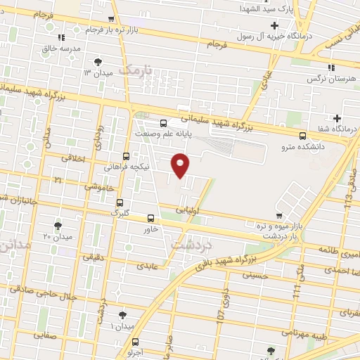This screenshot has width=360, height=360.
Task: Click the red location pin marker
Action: click(x=181, y=164)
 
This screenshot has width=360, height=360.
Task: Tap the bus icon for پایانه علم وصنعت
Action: click(x=164, y=121)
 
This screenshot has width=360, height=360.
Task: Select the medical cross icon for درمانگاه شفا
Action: click(x=337, y=117)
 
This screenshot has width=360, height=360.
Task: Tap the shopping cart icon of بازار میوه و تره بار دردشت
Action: click(x=281, y=216)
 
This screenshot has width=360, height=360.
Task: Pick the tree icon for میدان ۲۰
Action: click(x=58, y=226)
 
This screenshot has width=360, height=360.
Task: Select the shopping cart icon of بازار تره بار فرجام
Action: click(x=111, y=20)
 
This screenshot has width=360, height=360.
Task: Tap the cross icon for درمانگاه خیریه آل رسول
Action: click(x=274, y=26)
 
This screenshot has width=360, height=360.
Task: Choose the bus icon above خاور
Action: click(x=150, y=218)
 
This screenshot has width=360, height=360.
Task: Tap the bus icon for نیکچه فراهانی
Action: click(x=126, y=156)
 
